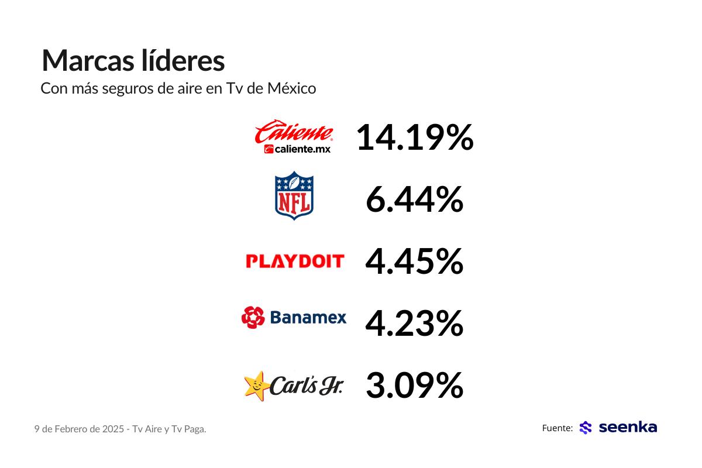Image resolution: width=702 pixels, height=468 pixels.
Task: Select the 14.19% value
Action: click(414, 138)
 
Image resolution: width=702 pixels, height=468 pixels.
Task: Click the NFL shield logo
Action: click(294, 196)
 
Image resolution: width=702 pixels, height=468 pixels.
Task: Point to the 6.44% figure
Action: click(414, 201)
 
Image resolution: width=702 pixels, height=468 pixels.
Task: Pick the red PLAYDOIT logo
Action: click(295, 261)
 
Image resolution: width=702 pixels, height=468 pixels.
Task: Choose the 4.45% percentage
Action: click(414, 261)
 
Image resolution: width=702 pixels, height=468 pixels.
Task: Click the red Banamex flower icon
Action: click(253, 317)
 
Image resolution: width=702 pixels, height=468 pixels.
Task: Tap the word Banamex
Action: click(308, 318)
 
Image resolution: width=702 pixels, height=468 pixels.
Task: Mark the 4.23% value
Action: click(414, 324)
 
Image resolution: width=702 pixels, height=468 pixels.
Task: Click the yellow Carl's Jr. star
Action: click(256, 386)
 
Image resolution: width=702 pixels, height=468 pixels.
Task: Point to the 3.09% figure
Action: click(414, 385)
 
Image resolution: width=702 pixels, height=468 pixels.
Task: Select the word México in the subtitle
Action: click(291, 88)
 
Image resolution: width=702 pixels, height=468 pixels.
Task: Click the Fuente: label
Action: click(557, 428)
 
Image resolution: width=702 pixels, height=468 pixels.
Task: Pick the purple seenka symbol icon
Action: click(586, 428)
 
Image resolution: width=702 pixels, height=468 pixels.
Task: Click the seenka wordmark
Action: click(628, 428)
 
